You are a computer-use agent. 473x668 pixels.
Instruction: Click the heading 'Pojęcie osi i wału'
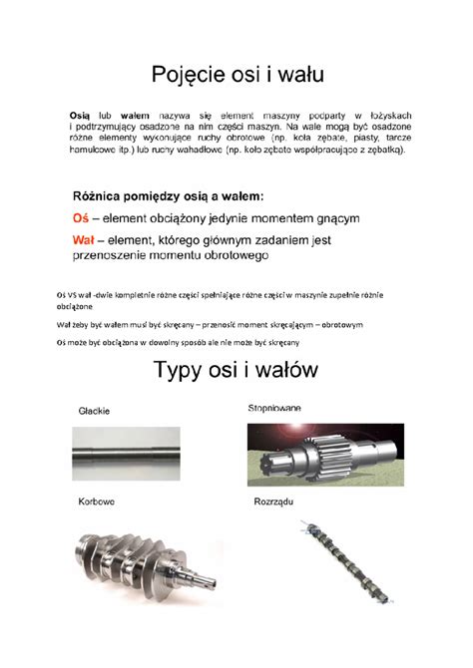pyautogui.click(x=237, y=74)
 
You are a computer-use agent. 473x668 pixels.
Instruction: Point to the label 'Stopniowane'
pyautogui.click(x=274, y=409)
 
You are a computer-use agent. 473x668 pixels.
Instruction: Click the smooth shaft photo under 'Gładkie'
pyautogui.click(x=126, y=455)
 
